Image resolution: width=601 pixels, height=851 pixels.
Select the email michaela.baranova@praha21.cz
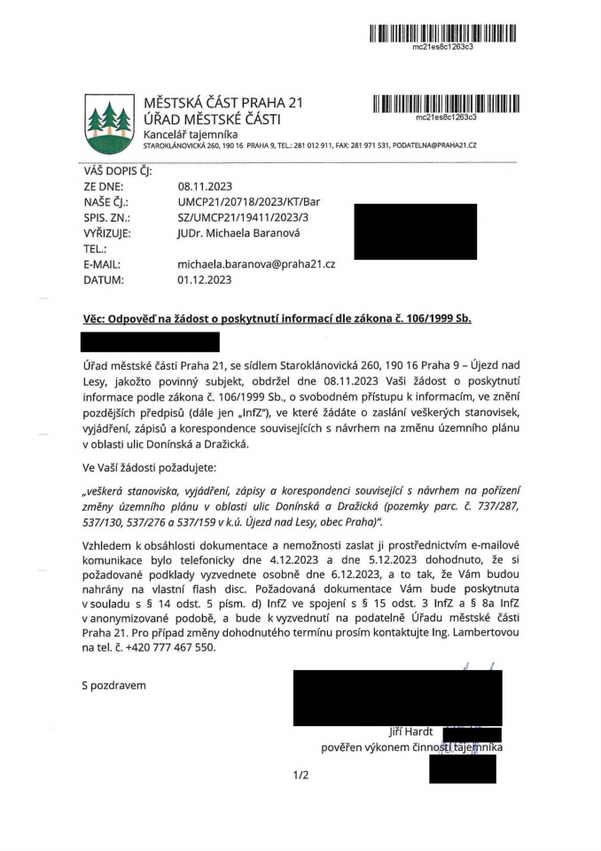(x=255, y=264)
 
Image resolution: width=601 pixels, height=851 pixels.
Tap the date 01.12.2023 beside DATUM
(x=205, y=280)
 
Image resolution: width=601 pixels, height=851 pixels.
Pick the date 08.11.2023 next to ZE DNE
(x=205, y=186)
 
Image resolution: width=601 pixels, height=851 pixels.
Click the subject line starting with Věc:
(x=276, y=316)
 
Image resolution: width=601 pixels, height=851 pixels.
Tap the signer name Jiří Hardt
(x=411, y=731)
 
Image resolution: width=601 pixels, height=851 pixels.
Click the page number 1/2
(x=300, y=776)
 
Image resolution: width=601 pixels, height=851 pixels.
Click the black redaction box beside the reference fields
(x=415, y=230)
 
